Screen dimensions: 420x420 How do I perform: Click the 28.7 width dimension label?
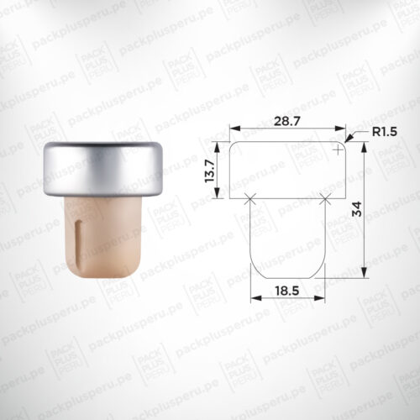pyautogui.click(x=287, y=121)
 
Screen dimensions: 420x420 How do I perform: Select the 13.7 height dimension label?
pyautogui.click(x=210, y=171)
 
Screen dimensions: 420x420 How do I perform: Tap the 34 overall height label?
pyautogui.click(x=357, y=209)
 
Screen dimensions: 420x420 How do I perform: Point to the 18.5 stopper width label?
pyautogui.click(x=287, y=291)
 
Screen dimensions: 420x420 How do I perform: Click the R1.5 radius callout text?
pyautogui.click(x=385, y=132)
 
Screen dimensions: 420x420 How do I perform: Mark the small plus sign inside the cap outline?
pyautogui.click(x=339, y=150)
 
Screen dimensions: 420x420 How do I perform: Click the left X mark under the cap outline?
pyautogui.click(x=249, y=198)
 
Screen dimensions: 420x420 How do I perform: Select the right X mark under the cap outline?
pyautogui.click(x=325, y=198)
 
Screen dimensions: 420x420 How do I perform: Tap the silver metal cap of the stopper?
pyautogui.click(x=103, y=170)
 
